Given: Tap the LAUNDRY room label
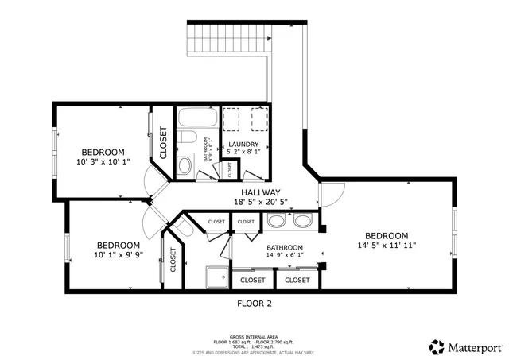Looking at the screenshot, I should pos(243,144).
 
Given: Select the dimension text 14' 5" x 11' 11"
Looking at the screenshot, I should pos(387,246).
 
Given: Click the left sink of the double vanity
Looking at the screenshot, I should pos(277,222).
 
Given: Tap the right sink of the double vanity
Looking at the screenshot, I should pos(302,222).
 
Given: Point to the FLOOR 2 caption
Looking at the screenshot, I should pos(254,304).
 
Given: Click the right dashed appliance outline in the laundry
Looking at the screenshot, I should pos(258,118).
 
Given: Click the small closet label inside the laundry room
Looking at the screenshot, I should pos(230,168).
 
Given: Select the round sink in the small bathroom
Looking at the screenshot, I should pos(184,165).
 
